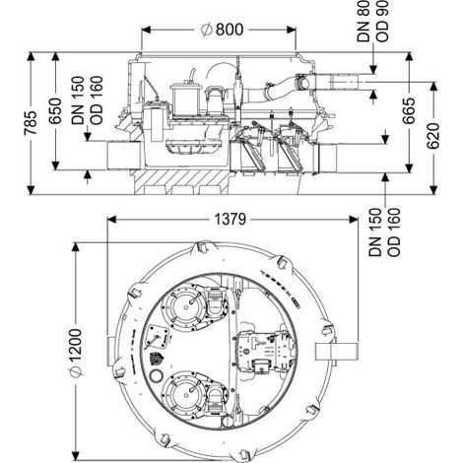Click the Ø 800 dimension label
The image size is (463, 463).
coord(223,30)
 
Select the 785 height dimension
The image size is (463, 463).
coord(31,123)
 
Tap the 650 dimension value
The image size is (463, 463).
coord(55,110)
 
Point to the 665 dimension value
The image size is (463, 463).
coord(409,110)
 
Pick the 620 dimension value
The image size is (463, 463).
coord(433,136)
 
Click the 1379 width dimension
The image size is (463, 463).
coord(230,220)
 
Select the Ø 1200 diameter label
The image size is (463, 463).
coord(76,353)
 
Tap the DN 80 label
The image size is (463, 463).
coord(364,22)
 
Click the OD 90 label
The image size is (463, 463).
coord(382,22)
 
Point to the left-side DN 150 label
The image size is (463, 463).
coord(78,100)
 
